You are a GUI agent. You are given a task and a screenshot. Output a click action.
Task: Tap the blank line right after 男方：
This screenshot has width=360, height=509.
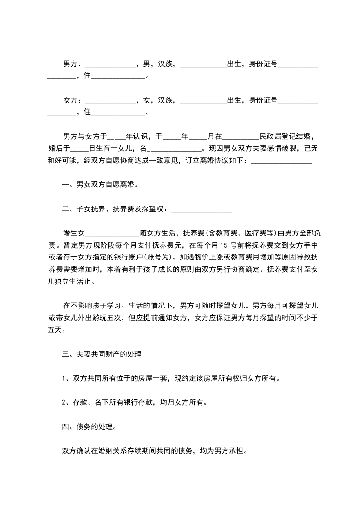(110, 65)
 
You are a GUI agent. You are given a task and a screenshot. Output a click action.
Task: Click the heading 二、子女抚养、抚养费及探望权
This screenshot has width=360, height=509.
(116, 209)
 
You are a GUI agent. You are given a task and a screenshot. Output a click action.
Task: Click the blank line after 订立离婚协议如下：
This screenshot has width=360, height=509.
(281, 161)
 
